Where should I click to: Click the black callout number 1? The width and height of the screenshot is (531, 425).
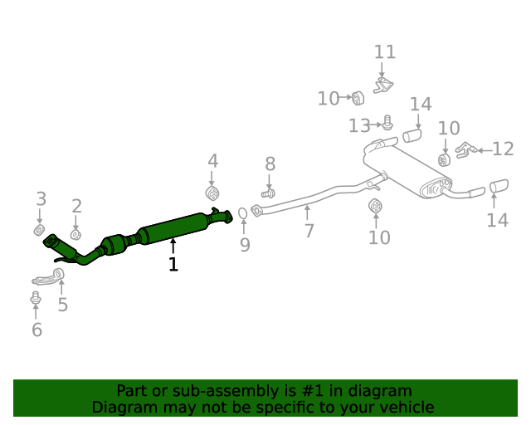click(x=173, y=264)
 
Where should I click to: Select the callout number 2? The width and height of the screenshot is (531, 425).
click(x=76, y=206)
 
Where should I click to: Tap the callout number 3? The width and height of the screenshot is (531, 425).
click(x=40, y=198)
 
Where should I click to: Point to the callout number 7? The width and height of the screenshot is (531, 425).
click(x=309, y=231)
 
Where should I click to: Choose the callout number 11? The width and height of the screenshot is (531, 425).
click(x=385, y=52)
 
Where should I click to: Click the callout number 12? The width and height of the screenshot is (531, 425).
click(x=503, y=149)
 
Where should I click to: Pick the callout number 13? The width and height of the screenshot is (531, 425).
click(x=359, y=125)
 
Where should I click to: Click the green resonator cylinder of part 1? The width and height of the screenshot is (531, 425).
click(x=174, y=227)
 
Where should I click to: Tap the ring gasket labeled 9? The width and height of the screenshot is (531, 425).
click(x=242, y=214)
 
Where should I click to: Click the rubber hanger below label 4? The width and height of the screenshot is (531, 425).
click(x=212, y=194)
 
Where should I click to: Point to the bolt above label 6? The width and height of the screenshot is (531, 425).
click(x=36, y=296)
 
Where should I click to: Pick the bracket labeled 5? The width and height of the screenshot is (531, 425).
click(x=51, y=276)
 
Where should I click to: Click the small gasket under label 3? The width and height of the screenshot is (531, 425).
click(x=39, y=228)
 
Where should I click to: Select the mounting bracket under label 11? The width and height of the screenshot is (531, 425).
click(x=384, y=84)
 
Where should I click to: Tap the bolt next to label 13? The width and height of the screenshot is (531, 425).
click(x=387, y=123)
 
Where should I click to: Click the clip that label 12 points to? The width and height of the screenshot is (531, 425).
click(x=466, y=149)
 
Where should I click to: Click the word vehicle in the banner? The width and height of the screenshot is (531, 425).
click(x=404, y=408)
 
